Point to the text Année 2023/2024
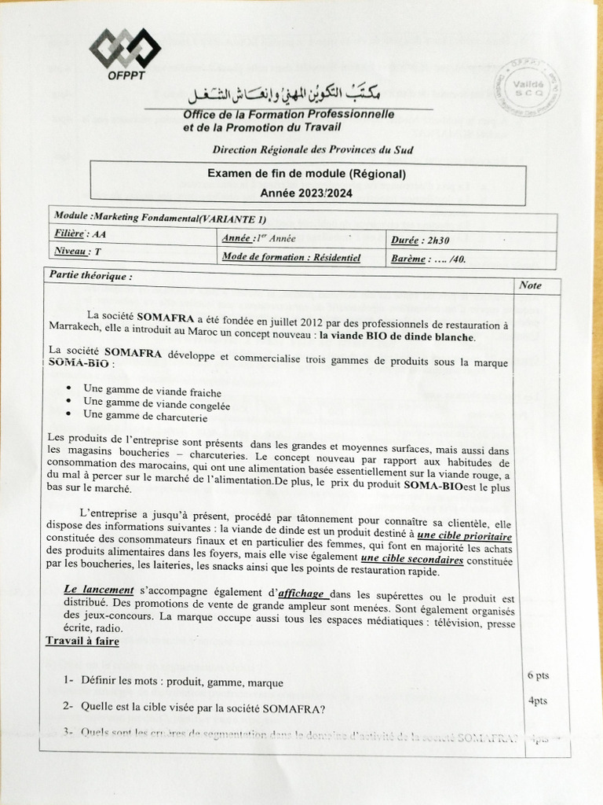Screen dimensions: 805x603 pos(307,193)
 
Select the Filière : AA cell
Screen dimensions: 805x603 pos(79,233)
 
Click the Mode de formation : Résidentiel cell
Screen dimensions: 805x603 pos(291,256)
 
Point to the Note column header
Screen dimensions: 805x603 pos(531,285)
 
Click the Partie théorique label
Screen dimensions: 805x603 pos(90,276)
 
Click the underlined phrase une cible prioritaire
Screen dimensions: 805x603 pos(465,535)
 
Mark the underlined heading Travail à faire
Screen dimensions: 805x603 pos(82,641)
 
